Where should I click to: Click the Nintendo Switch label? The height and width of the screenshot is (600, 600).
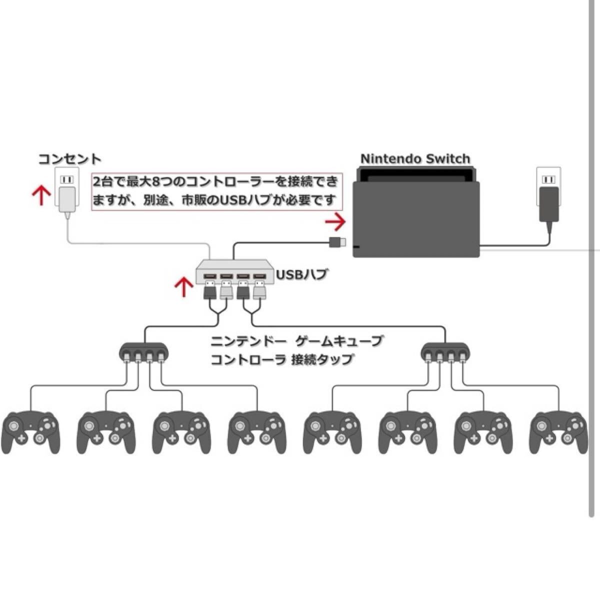point(415,159)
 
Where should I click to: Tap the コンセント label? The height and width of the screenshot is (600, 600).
point(70,159)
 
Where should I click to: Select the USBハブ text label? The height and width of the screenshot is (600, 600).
point(295,275)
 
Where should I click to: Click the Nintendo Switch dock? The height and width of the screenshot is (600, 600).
point(416,215)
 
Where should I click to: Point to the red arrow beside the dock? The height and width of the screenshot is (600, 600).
point(335,220)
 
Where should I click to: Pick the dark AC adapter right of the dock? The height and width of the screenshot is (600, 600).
point(549,203)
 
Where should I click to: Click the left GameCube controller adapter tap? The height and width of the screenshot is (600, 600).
point(144,353)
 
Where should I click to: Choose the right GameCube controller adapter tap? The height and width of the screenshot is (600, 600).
point(445,353)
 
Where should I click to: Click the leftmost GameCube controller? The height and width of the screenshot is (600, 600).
point(31,432)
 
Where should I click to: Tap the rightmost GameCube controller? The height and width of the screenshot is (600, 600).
point(559,432)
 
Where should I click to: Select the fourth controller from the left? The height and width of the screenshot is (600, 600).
point(257,432)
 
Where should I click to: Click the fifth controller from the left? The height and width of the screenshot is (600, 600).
point(332,432)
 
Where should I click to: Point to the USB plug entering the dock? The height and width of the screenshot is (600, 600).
point(336,242)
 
